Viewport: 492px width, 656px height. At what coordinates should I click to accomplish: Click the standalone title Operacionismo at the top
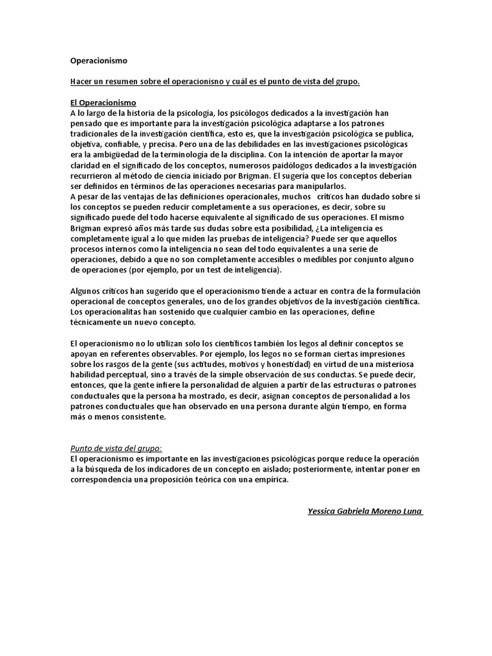coord(99,61)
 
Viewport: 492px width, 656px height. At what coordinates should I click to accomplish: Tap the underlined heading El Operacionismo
coord(102,102)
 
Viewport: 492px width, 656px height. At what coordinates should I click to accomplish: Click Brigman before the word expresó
coord(87,228)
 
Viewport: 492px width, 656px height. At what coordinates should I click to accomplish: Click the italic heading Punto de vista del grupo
coord(115,448)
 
